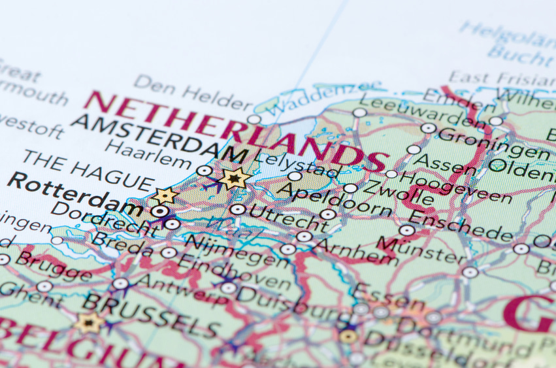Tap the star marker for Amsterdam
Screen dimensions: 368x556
(233, 177)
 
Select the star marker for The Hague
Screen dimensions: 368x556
(165, 195)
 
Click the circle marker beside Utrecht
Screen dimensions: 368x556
(238, 209)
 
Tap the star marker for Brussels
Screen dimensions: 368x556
(90, 322)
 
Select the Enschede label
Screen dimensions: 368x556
(461, 226)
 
